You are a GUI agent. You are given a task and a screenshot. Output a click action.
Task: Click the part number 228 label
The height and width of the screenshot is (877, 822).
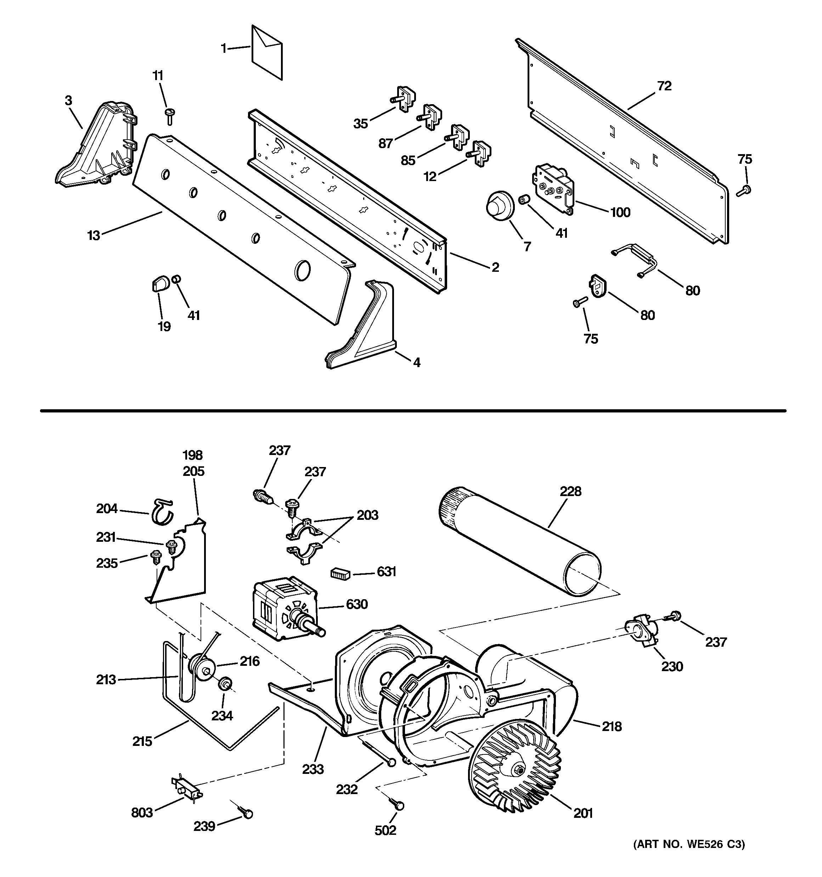pos(570,491)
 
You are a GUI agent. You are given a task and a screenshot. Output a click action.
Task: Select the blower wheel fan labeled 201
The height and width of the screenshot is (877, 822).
pos(514,770)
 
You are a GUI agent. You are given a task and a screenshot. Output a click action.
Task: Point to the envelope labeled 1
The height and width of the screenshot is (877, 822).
pos(266,52)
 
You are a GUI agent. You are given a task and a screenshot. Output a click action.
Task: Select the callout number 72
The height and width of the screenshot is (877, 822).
pos(664,86)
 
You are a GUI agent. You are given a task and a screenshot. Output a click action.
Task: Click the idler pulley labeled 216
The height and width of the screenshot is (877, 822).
pos(201,669)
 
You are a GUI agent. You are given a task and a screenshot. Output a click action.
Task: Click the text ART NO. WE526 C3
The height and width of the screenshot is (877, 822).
pos(689,844)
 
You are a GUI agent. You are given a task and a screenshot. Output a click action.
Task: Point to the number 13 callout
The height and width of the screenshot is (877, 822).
pos(94,236)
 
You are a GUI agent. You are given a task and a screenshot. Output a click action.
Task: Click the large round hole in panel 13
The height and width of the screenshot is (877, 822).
pos(303,270)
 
